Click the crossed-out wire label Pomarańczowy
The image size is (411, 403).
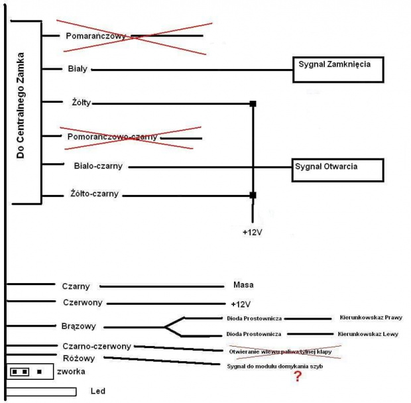click(x=96, y=35)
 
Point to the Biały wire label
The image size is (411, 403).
click(x=78, y=68)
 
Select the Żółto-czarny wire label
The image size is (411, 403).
click(x=95, y=195)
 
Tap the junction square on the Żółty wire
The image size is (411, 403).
click(x=253, y=103)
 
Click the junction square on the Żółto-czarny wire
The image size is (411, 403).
click(x=253, y=195)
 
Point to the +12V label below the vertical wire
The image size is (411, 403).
click(x=253, y=233)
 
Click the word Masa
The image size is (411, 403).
click(x=244, y=285)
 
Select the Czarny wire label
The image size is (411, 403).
click(x=76, y=286)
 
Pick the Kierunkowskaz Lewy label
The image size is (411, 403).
click(x=368, y=334)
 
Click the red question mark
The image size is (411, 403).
click(x=298, y=376)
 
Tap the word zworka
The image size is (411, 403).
click(x=70, y=371)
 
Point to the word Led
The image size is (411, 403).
click(x=97, y=391)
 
